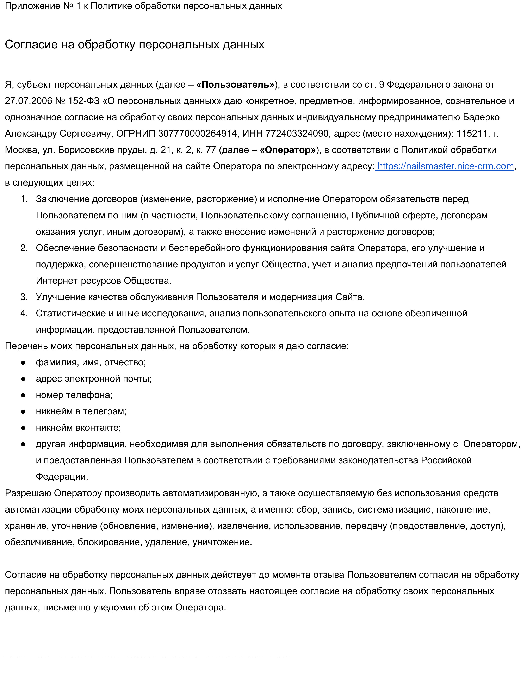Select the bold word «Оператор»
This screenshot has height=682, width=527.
[x=287, y=150]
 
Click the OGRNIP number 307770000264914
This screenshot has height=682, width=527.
[x=197, y=134]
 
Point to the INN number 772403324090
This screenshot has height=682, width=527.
[x=297, y=134]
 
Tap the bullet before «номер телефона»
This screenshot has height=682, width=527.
[x=23, y=395]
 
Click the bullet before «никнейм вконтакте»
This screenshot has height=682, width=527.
[x=23, y=428]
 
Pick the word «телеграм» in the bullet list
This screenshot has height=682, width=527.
[x=105, y=411]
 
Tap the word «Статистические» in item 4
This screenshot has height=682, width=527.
[x=71, y=313]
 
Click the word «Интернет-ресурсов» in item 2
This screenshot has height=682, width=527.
[x=79, y=281]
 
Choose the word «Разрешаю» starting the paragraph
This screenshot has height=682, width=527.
[x=28, y=493]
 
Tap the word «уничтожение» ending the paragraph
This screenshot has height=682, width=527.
[x=222, y=542]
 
